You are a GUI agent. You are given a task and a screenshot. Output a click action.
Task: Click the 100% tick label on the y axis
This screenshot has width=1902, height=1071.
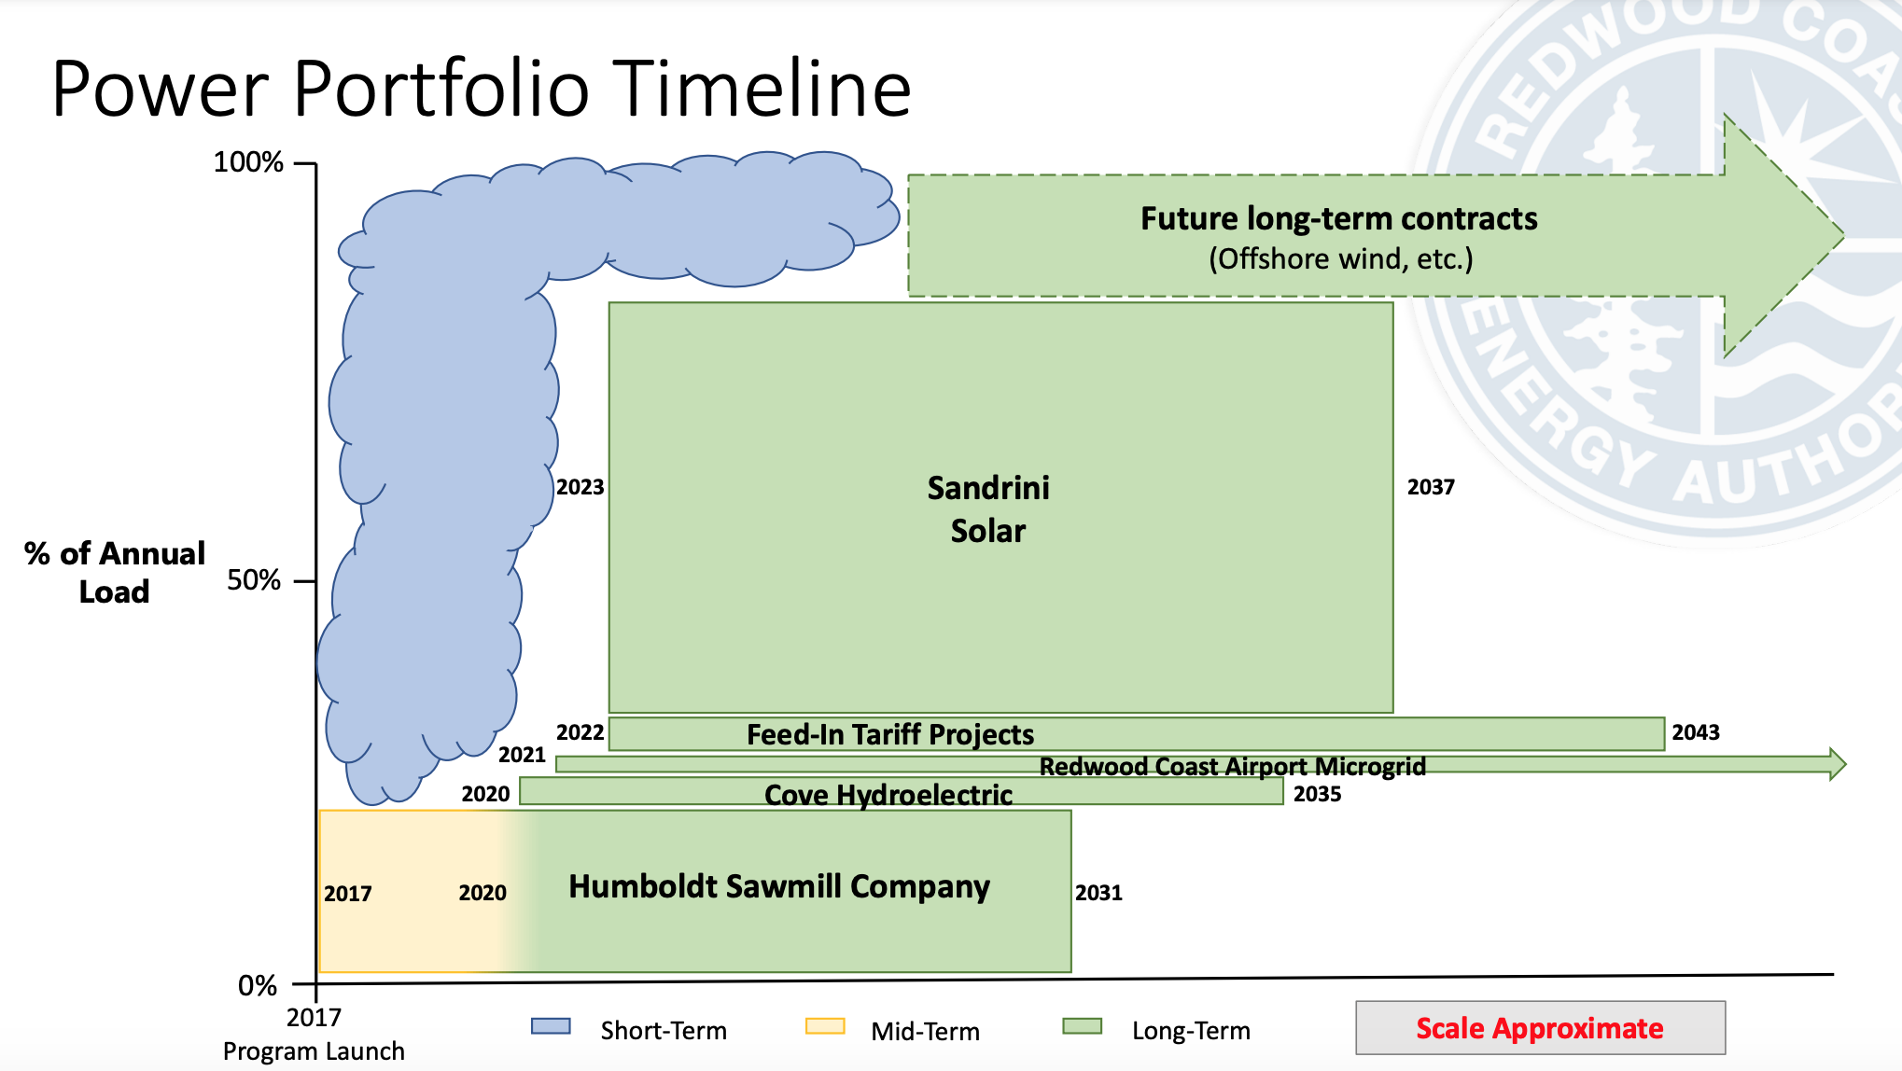(248, 162)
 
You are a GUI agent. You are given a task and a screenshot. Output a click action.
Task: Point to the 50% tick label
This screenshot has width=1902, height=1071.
(254, 580)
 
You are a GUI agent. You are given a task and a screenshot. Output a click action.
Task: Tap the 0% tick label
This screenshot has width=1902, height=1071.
(258, 985)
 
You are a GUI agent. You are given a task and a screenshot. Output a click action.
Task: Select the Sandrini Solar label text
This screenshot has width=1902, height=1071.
(988, 508)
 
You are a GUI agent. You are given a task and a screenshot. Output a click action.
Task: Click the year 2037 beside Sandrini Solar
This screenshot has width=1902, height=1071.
(1431, 487)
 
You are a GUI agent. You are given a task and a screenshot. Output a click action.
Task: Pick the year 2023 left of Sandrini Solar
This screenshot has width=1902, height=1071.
(580, 487)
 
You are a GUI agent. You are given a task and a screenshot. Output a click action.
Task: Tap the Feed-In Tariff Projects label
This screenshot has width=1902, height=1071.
(890, 735)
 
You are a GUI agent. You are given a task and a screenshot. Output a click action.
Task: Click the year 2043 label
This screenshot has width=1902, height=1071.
(1696, 732)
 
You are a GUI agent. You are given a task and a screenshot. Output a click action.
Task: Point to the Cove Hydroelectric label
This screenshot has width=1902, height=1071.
(888, 795)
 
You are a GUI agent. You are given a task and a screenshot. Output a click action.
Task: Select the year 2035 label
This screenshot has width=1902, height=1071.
(1317, 794)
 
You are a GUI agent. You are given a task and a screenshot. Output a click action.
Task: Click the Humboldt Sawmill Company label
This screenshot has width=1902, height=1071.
(779, 886)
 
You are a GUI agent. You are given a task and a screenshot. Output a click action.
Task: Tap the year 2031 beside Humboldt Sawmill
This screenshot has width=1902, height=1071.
(1098, 893)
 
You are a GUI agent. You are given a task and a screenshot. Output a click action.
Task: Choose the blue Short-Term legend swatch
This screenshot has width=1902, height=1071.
(551, 1026)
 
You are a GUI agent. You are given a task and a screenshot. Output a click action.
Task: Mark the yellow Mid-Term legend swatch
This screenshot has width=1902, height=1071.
(825, 1026)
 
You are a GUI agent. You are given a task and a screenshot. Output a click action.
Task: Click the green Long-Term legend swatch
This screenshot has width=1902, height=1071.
(1083, 1026)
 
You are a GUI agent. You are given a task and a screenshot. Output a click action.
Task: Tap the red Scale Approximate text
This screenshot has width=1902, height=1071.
(1540, 1028)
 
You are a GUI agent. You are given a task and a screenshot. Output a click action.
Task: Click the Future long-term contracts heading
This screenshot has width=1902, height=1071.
(1339, 218)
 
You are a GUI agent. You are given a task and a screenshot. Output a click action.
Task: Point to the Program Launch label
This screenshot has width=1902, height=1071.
(314, 1051)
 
